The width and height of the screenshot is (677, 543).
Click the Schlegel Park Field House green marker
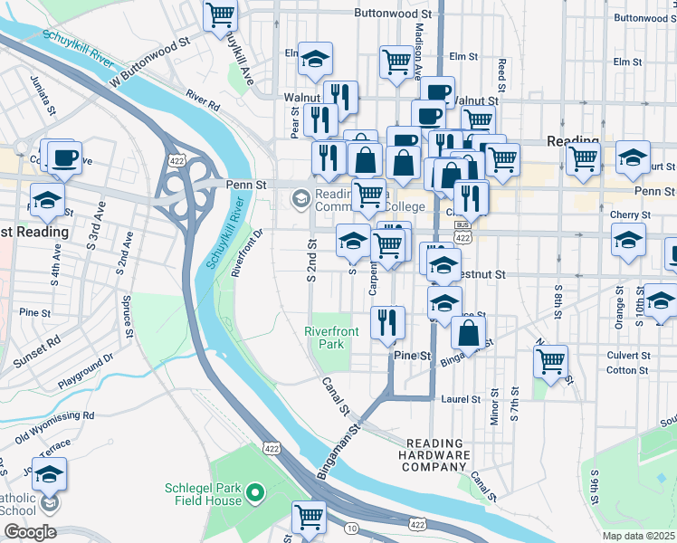pos(256,493)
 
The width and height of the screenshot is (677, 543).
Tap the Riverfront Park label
pos(331,338)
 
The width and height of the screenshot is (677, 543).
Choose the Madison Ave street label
pos(418,54)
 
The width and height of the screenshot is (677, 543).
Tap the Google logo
pos(29,532)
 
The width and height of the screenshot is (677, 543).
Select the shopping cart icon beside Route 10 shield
pos(310,517)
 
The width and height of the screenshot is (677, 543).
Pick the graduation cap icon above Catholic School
pos(50,472)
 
